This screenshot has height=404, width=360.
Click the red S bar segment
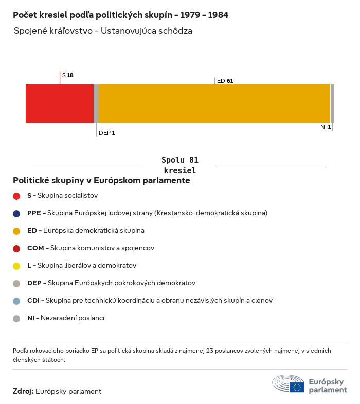pos(59,104)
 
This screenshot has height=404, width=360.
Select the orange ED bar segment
pos(214,104)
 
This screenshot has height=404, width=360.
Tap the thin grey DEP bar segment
pos(96,104)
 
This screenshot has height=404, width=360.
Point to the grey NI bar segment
pos(332,104)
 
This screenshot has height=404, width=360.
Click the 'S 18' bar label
pos(67,75)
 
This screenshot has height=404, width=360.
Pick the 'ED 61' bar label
pos(225,81)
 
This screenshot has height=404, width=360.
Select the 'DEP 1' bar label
pos(106,133)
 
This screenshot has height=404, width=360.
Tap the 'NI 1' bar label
pos(326,127)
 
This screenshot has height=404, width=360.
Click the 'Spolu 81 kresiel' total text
pos(179,165)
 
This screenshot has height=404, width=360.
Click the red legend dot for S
pos(16,196)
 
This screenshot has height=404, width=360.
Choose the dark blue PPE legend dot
pos(16,213)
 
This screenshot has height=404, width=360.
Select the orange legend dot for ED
pos(16,231)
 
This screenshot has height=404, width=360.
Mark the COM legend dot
pos(16,248)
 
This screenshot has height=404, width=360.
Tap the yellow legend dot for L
pos(16,266)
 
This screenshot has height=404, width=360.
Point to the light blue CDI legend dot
pos(16,301)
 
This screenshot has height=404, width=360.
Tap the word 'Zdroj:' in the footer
pos(23,391)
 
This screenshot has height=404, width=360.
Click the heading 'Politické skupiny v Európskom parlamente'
pos(101,181)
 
